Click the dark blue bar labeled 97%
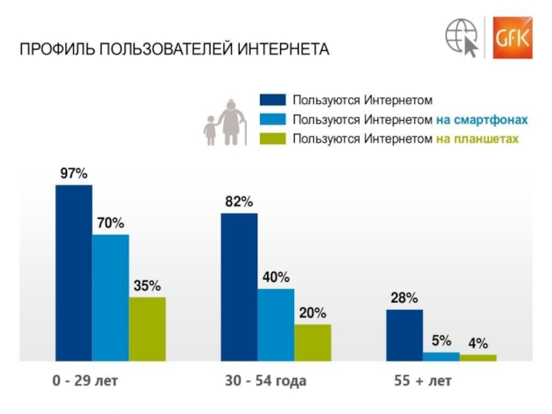[x=74, y=273]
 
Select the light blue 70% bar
[x=110, y=297]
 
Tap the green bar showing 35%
[x=147, y=328]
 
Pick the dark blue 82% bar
[x=239, y=286]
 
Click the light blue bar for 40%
[x=275, y=324]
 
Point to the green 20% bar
[x=313, y=342]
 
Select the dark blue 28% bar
[x=404, y=335]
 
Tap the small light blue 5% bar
[x=441, y=356]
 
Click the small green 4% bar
[x=478, y=357]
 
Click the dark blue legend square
[x=272, y=101]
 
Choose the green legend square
[x=272, y=139]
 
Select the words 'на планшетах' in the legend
[x=477, y=139]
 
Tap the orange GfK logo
[x=512, y=37]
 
